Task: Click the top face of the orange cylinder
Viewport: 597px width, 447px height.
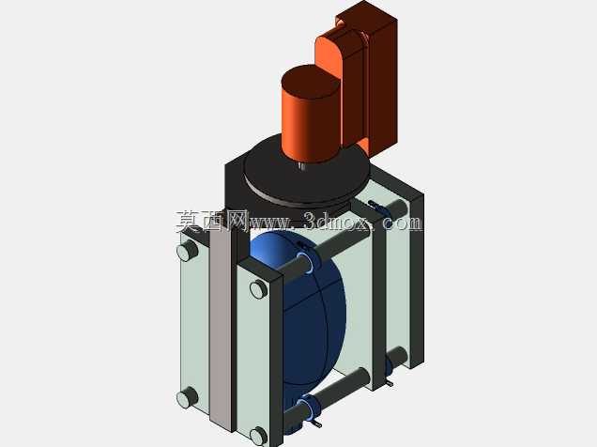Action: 311,81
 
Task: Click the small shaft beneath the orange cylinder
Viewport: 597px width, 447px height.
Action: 302,166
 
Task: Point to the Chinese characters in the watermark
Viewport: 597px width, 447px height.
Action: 212,221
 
